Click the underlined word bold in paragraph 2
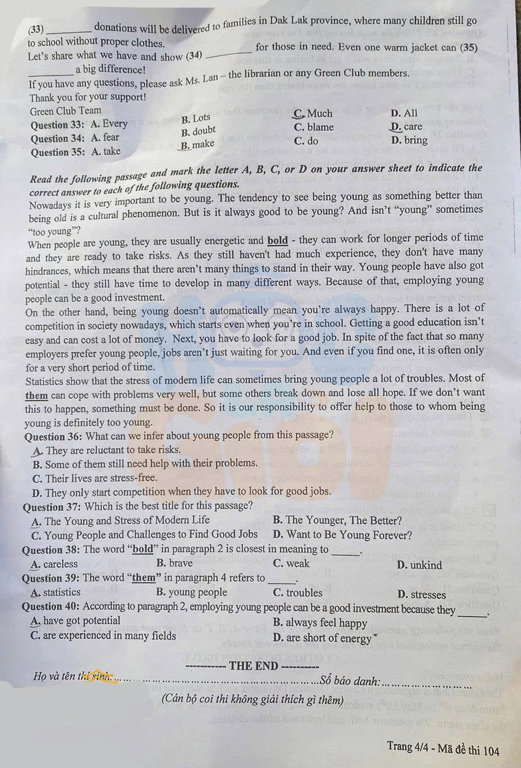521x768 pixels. point(277,240)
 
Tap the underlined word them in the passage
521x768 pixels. point(36,395)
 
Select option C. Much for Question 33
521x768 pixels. point(313,113)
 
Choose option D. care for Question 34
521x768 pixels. point(406,126)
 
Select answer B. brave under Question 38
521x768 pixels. point(174,563)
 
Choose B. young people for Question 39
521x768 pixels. point(191,592)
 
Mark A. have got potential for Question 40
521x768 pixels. point(75,620)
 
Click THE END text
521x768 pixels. point(253,666)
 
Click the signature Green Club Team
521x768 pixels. point(65,111)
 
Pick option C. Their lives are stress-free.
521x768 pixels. point(94,478)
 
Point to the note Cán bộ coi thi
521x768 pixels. point(252,700)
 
